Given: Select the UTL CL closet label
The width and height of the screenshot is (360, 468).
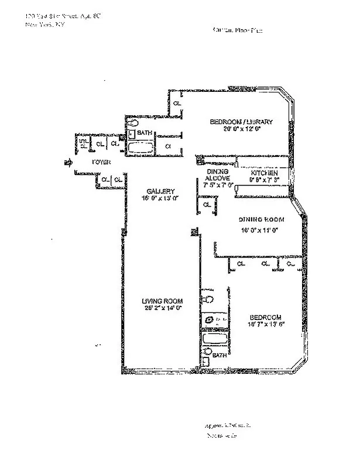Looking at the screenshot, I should click(x=83, y=143).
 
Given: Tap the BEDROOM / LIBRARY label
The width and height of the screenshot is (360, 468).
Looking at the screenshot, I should click(x=241, y=122).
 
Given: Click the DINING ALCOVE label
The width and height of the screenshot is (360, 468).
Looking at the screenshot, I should click(x=218, y=174).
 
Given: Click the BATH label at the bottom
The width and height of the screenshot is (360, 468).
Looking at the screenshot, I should click(x=219, y=356).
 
